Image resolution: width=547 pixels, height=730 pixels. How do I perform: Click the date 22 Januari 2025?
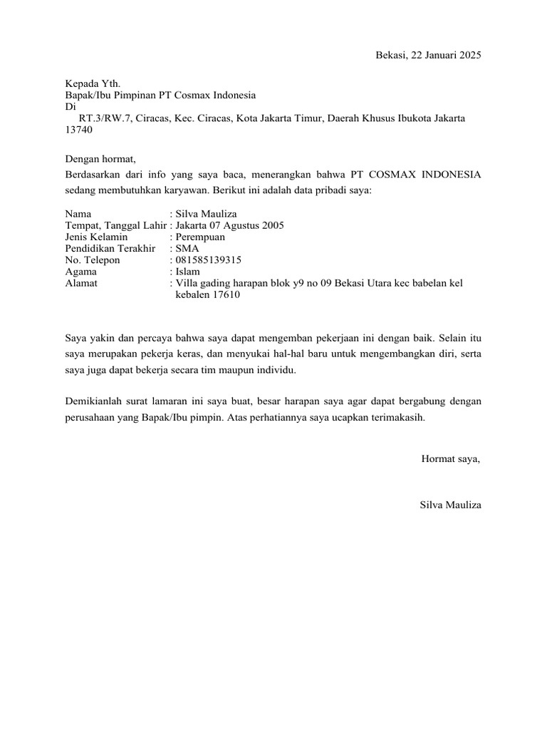click(447, 56)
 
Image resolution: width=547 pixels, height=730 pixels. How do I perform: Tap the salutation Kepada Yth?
click(88, 83)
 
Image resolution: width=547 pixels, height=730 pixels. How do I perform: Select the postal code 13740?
click(78, 130)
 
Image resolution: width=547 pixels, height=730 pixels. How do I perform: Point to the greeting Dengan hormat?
click(99, 158)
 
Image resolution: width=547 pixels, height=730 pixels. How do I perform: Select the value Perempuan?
click(200, 237)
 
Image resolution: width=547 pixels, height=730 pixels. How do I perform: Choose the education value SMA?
click(187, 248)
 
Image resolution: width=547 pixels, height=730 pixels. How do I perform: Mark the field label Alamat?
click(80, 283)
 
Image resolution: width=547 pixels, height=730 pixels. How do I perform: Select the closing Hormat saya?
click(451, 458)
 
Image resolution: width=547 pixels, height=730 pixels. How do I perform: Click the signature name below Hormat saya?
click(451, 505)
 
